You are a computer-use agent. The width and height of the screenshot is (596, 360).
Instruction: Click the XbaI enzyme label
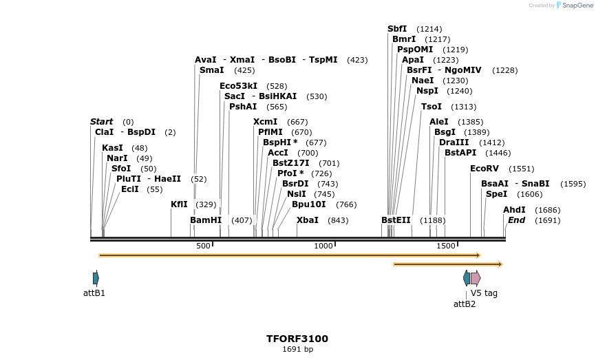(307, 220)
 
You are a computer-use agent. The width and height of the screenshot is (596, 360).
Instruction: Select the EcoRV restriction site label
(483, 169)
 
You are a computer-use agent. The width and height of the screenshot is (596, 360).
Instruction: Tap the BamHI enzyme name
(206, 220)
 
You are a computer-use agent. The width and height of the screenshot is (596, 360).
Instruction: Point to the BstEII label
(396, 220)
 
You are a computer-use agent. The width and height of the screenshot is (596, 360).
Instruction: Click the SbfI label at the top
(397, 29)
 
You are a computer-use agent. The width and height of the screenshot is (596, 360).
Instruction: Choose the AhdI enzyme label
(513, 210)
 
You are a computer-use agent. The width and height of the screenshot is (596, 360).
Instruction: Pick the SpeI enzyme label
(496, 194)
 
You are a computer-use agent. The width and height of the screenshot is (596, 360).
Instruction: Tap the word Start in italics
(101, 122)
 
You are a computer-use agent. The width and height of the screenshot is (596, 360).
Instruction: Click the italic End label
(516, 220)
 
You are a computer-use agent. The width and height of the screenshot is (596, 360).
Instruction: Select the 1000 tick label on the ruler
(323, 246)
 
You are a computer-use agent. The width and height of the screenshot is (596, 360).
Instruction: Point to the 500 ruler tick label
(203, 246)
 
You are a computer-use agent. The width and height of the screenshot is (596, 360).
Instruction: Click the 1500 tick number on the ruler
(445, 246)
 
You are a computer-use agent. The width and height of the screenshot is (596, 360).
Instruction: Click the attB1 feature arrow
(96, 278)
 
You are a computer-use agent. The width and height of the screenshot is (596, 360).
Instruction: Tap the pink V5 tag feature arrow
(476, 278)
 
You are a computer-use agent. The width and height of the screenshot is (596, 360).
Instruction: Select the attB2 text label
(464, 304)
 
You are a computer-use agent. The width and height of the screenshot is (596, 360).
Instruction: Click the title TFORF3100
(297, 339)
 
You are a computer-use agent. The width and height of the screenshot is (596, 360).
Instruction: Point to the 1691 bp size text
(297, 350)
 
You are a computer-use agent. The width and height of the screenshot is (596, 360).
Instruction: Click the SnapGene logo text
(577, 6)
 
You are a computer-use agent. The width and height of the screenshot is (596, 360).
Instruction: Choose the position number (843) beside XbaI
(338, 220)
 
